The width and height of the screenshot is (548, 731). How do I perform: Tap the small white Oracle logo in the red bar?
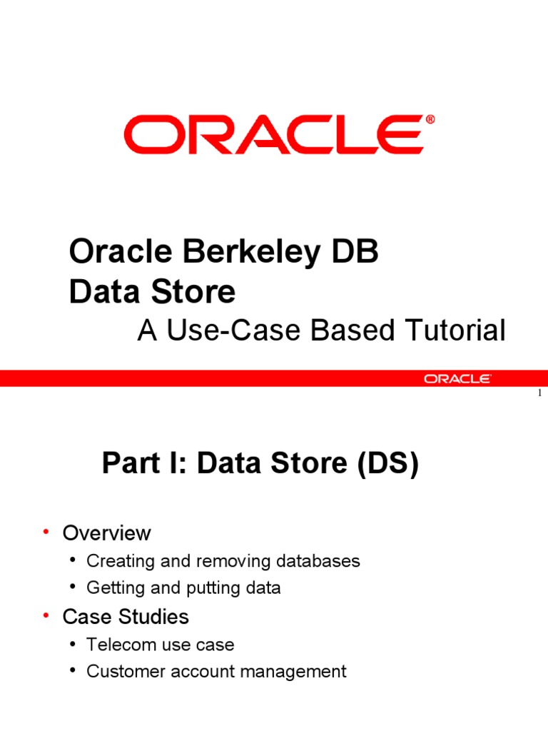click(457, 378)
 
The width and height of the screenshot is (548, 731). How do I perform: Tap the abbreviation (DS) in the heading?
click(383, 464)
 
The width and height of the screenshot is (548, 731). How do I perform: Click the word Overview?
click(107, 533)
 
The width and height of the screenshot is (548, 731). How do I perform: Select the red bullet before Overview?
click(46, 533)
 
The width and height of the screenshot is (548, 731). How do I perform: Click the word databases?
click(320, 561)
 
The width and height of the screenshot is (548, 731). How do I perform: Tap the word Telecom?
click(117, 645)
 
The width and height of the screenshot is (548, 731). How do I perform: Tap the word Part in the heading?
click(129, 464)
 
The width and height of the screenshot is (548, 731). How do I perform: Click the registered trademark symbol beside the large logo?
click(430, 119)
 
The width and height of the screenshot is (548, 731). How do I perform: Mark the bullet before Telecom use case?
click(75, 645)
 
